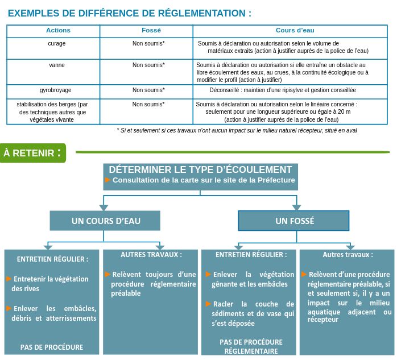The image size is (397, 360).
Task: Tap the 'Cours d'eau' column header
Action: click(295, 30)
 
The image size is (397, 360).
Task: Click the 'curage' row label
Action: click(57, 43)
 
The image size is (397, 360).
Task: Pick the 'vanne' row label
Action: click(57, 65)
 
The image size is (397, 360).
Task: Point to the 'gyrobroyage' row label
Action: click(56, 90)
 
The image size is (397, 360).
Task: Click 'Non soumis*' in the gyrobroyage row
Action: click(148, 90)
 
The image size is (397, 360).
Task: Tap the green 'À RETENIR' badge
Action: click(32, 153)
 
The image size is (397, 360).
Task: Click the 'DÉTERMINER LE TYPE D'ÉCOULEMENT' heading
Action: click(200, 169)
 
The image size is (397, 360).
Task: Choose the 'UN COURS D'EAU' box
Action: click(105, 221)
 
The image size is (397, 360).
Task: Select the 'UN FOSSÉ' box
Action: click(294, 221)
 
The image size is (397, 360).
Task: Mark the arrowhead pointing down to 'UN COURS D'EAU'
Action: click(104, 207)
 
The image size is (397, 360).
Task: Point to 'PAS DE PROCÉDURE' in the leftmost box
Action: click(52, 347)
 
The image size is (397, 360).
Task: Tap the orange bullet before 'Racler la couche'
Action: click(208, 304)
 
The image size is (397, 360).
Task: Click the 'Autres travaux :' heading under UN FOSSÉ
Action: click(348, 255)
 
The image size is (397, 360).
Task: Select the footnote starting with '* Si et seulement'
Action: click(237, 130)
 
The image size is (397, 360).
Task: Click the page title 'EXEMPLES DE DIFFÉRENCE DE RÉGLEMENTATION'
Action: click(130, 13)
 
